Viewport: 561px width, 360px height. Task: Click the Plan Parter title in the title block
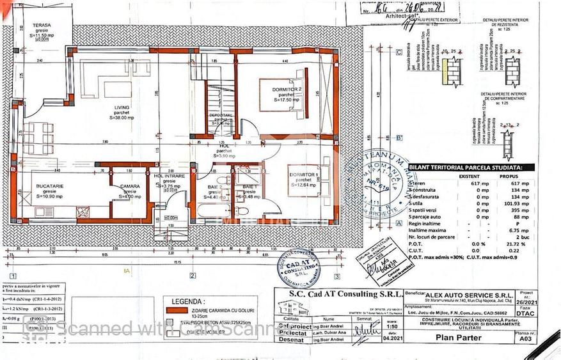(x=454, y=340)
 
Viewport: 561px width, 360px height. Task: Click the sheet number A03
(x=525, y=340)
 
